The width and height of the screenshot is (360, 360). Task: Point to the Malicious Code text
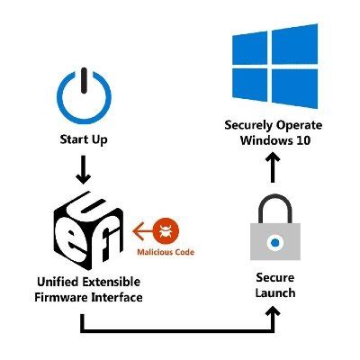[166, 252]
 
